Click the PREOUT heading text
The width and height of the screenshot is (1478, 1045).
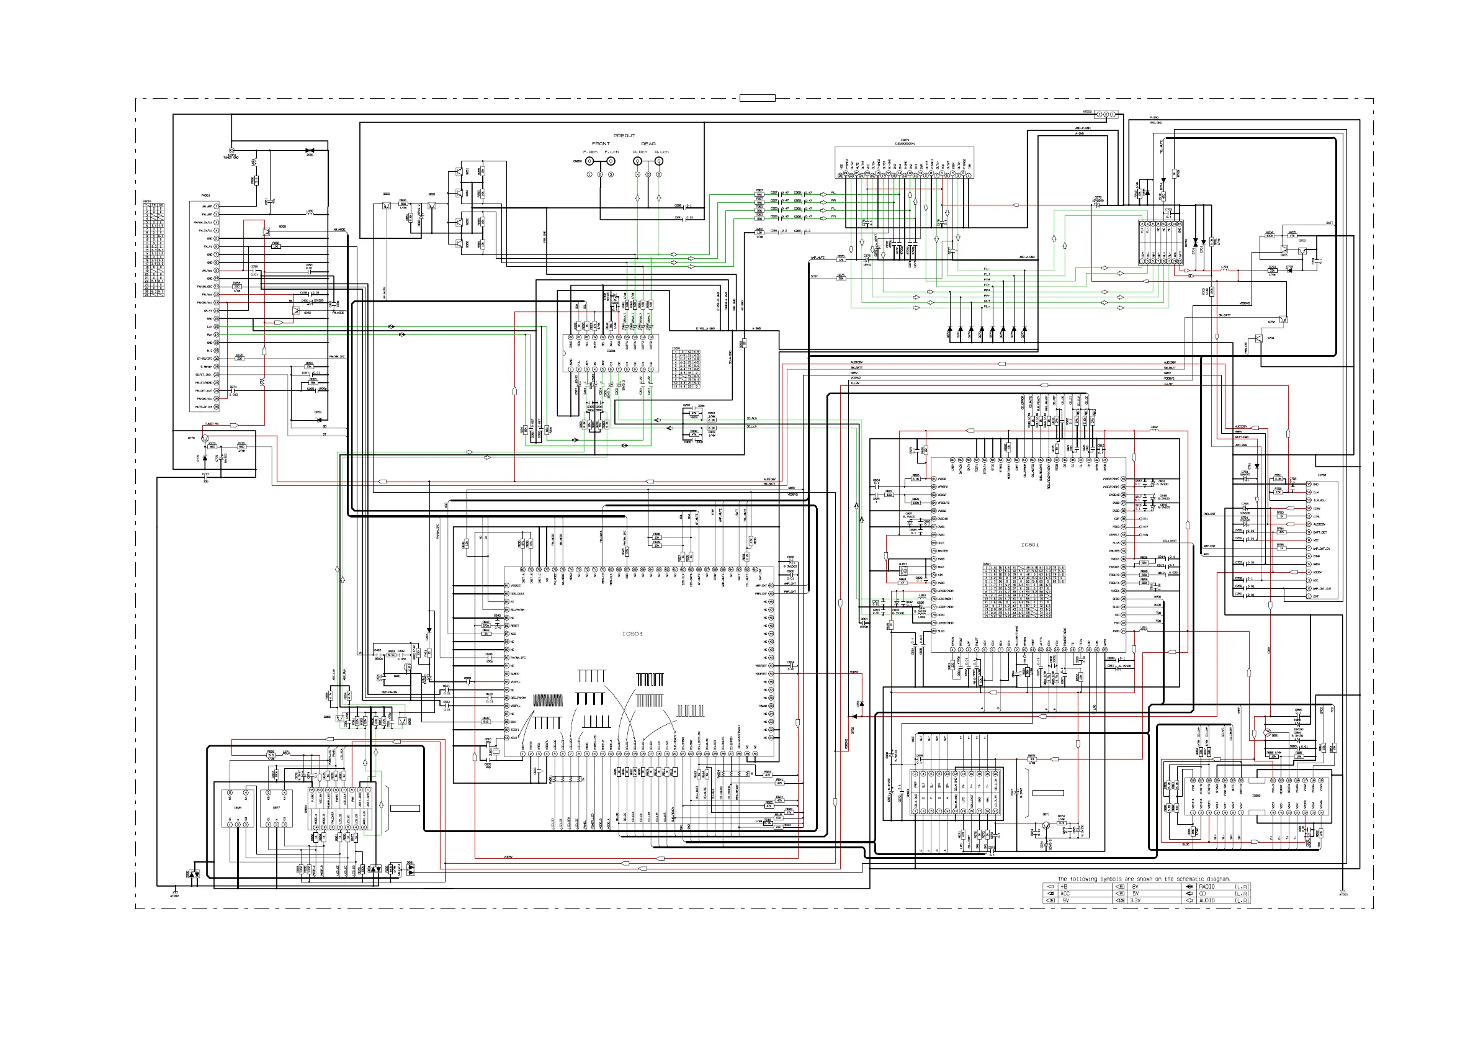pyautogui.click(x=624, y=136)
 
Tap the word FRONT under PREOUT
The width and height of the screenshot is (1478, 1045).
pyautogui.click(x=601, y=144)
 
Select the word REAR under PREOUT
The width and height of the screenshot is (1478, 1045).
pyautogui.click(x=648, y=144)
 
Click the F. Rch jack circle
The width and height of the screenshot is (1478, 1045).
pyautogui.click(x=589, y=161)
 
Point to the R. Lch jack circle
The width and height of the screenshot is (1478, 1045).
pyautogui.click(x=658, y=161)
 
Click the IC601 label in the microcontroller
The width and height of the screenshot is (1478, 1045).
pyautogui.click(x=632, y=634)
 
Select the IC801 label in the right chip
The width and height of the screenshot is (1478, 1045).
pyautogui.click(x=1030, y=545)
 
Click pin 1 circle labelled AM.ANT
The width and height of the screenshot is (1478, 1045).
pyautogui.click(x=217, y=206)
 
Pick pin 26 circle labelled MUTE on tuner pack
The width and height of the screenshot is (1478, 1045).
pyautogui.click(x=217, y=407)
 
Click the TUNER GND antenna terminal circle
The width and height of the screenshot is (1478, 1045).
pyautogui.click(x=231, y=150)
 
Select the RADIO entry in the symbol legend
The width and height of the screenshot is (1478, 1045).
pyautogui.click(x=1206, y=887)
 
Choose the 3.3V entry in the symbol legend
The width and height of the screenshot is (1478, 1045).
pyautogui.click(x=1135, y=901)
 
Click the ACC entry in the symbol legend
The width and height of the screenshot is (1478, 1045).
pyautogui.click(x=1065, y=894)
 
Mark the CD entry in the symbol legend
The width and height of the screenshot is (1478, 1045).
pyautogui.click(x=1203, y=894)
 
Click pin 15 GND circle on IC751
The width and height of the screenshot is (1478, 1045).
pyautogui.click(x=1309, y=484)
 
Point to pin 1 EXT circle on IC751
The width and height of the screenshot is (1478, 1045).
pyautogui.click(x=1309, y=596)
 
